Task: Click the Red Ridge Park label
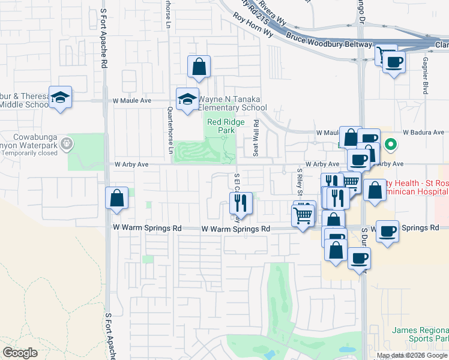click(220, 125)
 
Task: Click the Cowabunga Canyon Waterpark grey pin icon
click(66, 143)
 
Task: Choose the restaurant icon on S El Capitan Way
click(243, 204)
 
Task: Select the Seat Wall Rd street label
click(256, 137)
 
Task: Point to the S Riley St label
click(299, 182)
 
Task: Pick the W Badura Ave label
click(423, 132)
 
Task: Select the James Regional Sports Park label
click(420, 334)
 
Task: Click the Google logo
click(20, 352)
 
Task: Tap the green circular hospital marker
click(390, 144)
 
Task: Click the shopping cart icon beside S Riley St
click(304, 214)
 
